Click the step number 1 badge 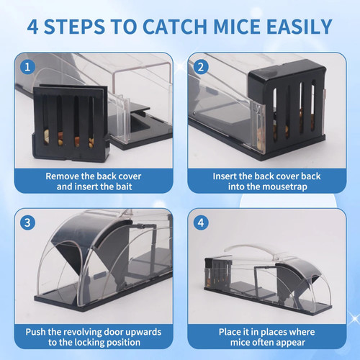(27, 67)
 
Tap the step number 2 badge (201, 67)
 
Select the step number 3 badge (27, 222)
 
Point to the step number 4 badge (201, 222)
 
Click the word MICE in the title (237, 27)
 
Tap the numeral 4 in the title (33, 27)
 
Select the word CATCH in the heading (175, 27)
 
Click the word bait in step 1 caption (124, 186)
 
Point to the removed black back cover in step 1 (71, 123)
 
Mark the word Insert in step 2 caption (224, 176)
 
